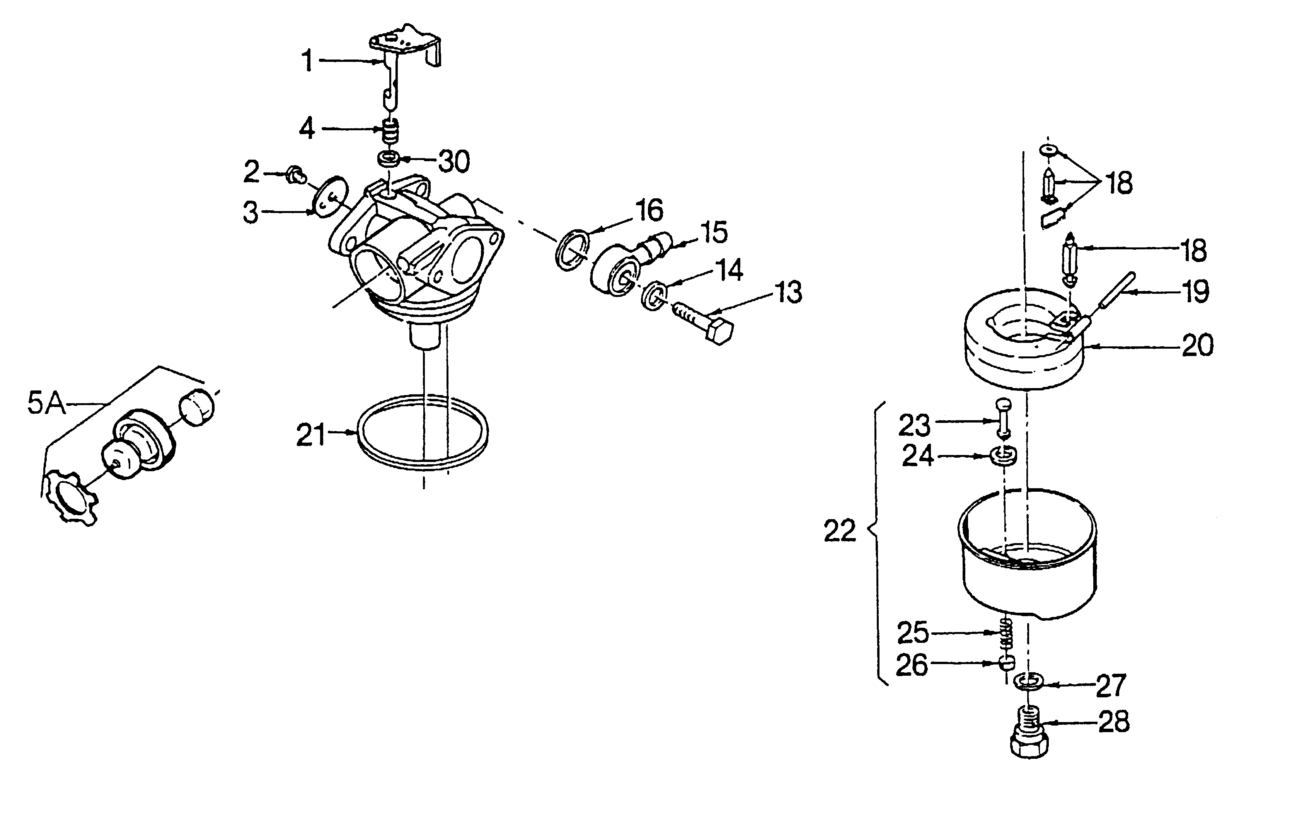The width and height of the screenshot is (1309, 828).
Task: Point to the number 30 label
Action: click(x=454, y=162)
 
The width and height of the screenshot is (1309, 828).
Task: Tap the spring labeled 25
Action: click(x=1007, y=633)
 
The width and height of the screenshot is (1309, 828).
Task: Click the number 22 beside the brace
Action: click(x=840, y=531)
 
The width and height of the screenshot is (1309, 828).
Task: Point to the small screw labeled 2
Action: click(x=296, y=175)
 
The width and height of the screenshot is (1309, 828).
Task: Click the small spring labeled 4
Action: click(x=389, y=131)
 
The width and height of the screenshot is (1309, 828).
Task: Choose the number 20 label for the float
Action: click(x=1198, y=345)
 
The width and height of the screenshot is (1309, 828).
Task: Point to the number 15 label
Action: click(x=714, y=233)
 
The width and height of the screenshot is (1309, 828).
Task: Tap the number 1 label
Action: click(x=308, y=61)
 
